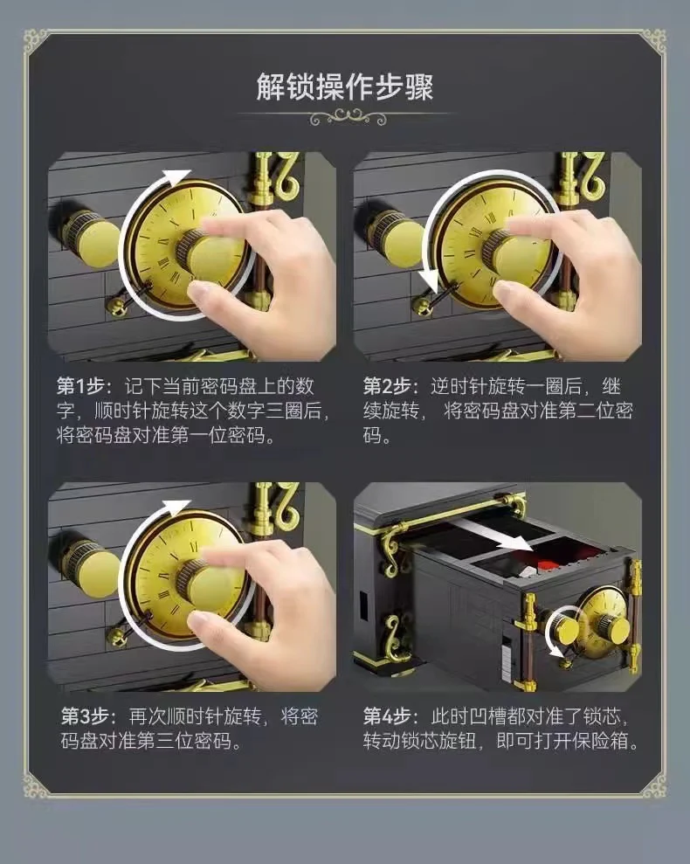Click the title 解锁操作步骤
click(x=344, y=87)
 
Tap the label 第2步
click(x=385, y=386)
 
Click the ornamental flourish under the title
click(x=344, y=116)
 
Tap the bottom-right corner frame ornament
click(x=652, y=784)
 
